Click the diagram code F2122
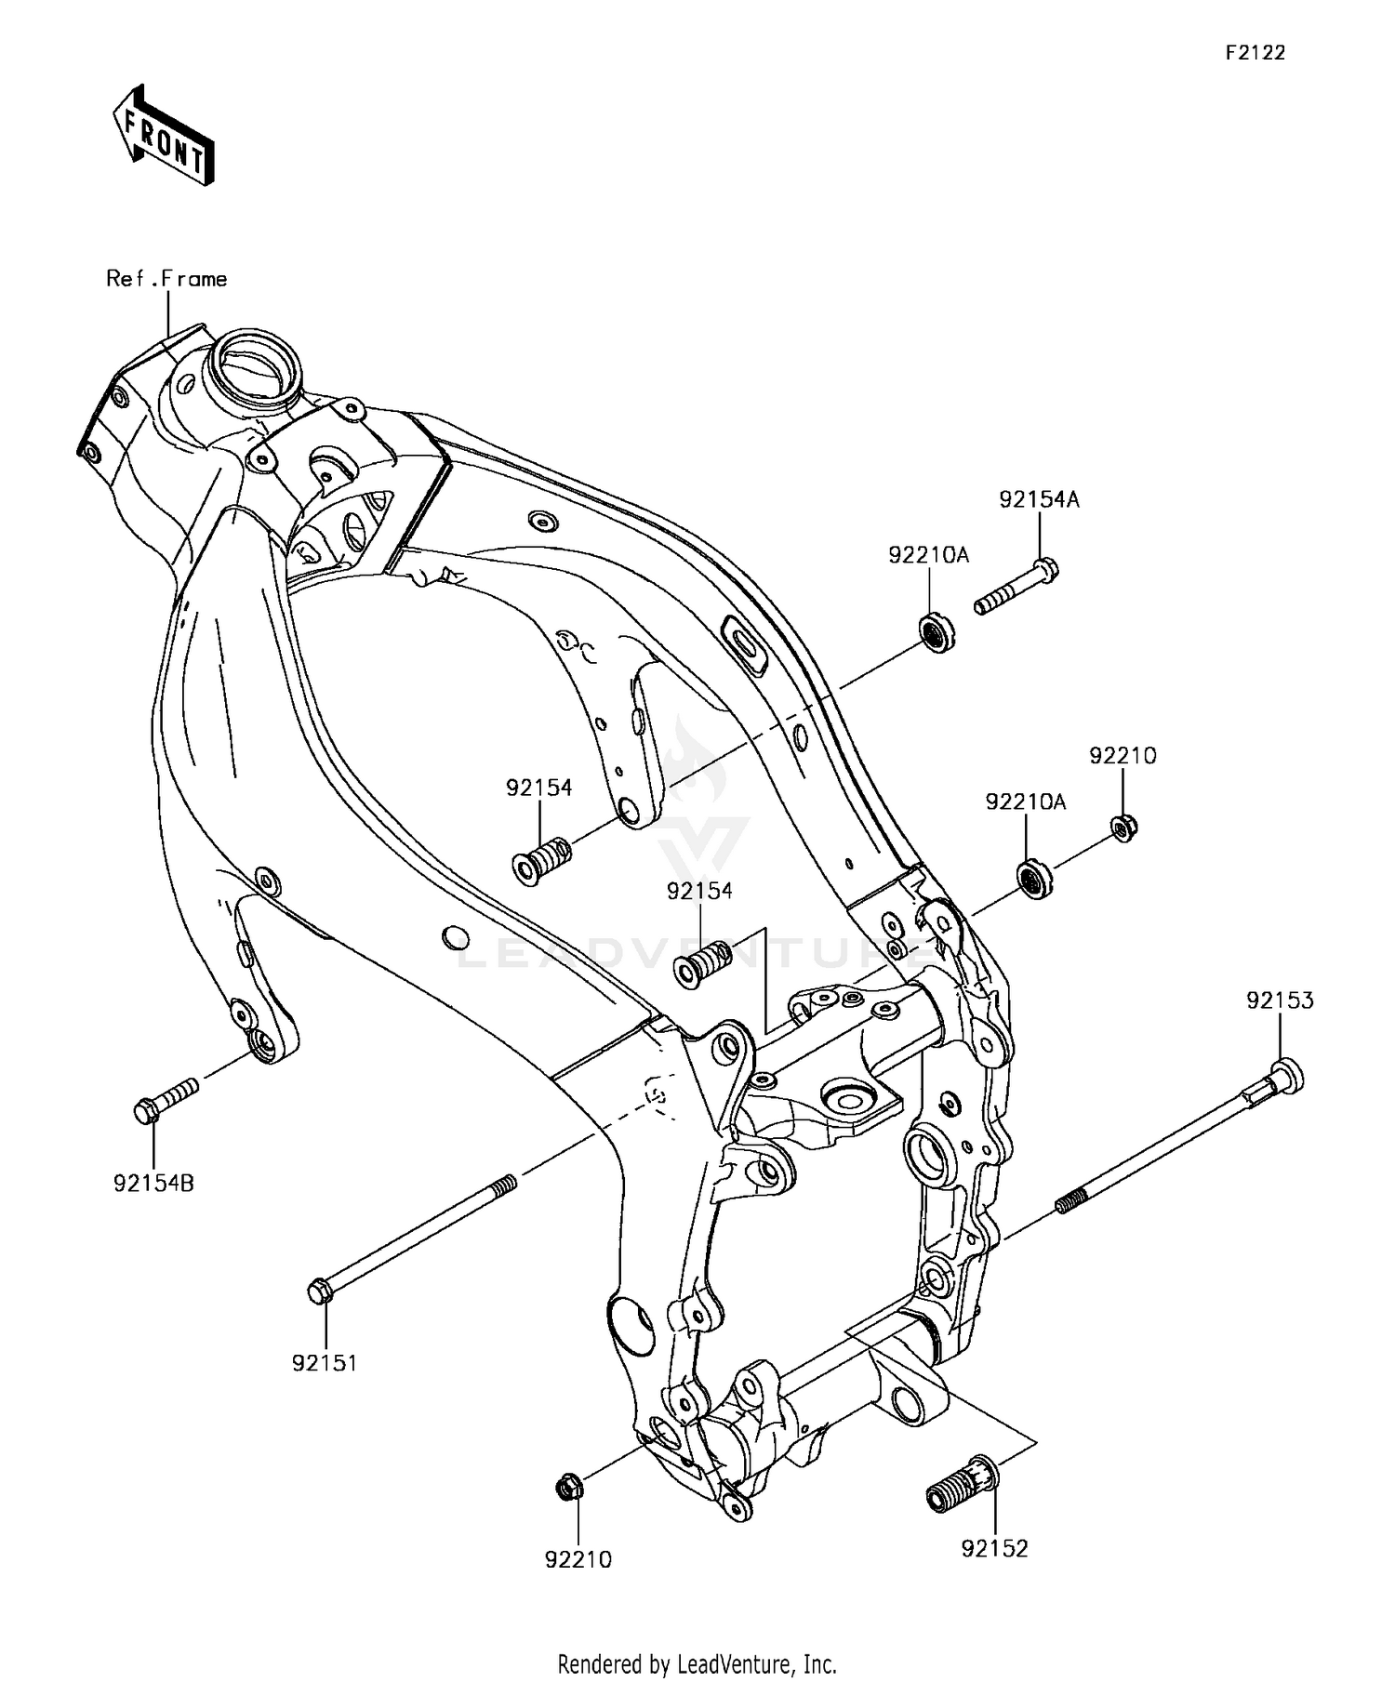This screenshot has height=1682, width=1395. pos(1254,53)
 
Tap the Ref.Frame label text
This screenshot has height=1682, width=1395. pos(166,279)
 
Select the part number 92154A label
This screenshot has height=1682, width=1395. pos(1039,499)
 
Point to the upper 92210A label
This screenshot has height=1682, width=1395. pos(928,555)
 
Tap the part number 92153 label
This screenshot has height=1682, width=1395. pos(1280,1000)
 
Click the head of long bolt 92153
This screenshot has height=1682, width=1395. pos(1286,1076)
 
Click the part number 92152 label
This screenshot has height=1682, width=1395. pos(995,1549)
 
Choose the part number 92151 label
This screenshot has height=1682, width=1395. pos(325,1363)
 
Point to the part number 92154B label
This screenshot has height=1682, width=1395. pos(153,1184)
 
